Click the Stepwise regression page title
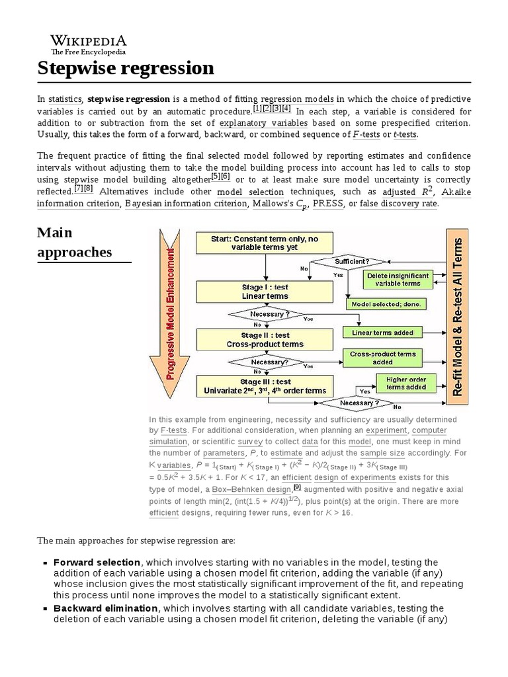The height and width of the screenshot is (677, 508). pyautogui.click(x=126, y=68)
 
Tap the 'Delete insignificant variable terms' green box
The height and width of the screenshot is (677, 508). pyautogui.click(x=398, y=279)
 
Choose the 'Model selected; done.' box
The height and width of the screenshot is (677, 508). pyautogui.click(x=386, y=304)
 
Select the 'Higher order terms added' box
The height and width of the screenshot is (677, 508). pyautogui.click(x=406, y=383)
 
